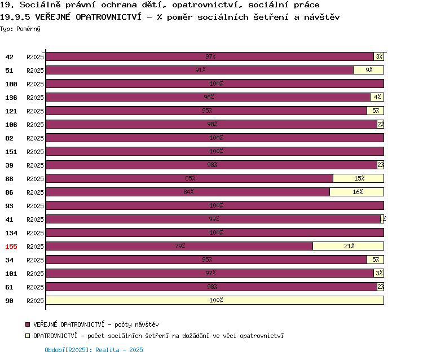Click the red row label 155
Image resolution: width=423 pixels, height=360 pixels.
point(11,247)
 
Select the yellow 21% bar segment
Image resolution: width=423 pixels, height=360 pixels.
point(349,246)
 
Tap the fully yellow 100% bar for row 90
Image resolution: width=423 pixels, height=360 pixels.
point(215,300)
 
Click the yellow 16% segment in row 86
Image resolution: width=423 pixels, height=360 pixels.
point(356,192)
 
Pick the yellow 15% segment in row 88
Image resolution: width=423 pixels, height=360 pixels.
point(359,178)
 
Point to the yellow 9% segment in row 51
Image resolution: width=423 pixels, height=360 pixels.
point(368,70)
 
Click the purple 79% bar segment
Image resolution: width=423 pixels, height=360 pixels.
point(179,246)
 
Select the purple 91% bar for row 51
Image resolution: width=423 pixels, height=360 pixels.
point(200,70)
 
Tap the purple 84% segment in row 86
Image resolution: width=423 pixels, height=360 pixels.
point(188,192)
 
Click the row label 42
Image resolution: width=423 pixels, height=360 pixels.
point(9,57)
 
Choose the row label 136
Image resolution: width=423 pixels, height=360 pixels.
point(11,98)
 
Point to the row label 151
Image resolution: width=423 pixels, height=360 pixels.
point(11,152)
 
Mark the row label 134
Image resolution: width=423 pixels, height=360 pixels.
point(11,233)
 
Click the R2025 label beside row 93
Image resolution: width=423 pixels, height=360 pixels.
point(35,206)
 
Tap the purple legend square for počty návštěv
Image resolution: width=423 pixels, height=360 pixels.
point(28,324)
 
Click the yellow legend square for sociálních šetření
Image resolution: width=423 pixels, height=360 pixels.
point(28,336)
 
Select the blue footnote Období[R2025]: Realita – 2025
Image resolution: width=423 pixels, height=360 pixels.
point(94,350)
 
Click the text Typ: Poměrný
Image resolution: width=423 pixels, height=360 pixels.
point(20,29)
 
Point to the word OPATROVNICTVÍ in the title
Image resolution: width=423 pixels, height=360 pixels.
point(108,17)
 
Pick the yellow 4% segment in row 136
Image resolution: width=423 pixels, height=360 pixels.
point(377,97)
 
